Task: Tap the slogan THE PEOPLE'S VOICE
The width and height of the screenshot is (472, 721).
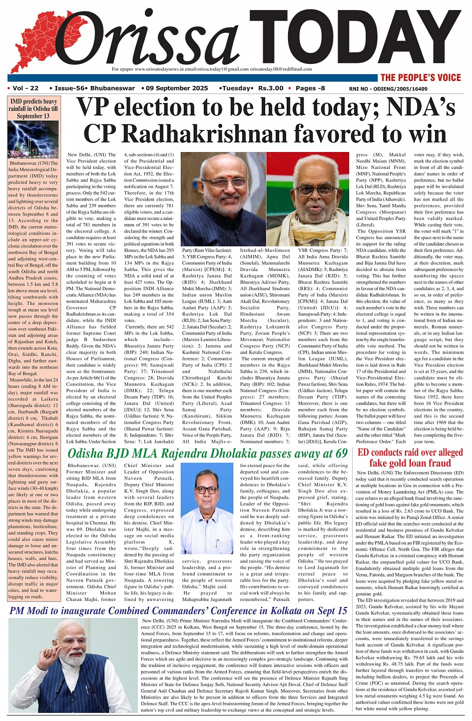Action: coord(421,77)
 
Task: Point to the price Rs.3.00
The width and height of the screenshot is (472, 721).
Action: coord(270,88)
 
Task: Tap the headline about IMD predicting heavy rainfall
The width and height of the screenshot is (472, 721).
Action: coord(33,108)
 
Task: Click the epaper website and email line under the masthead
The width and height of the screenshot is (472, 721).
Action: coord(212,69)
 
